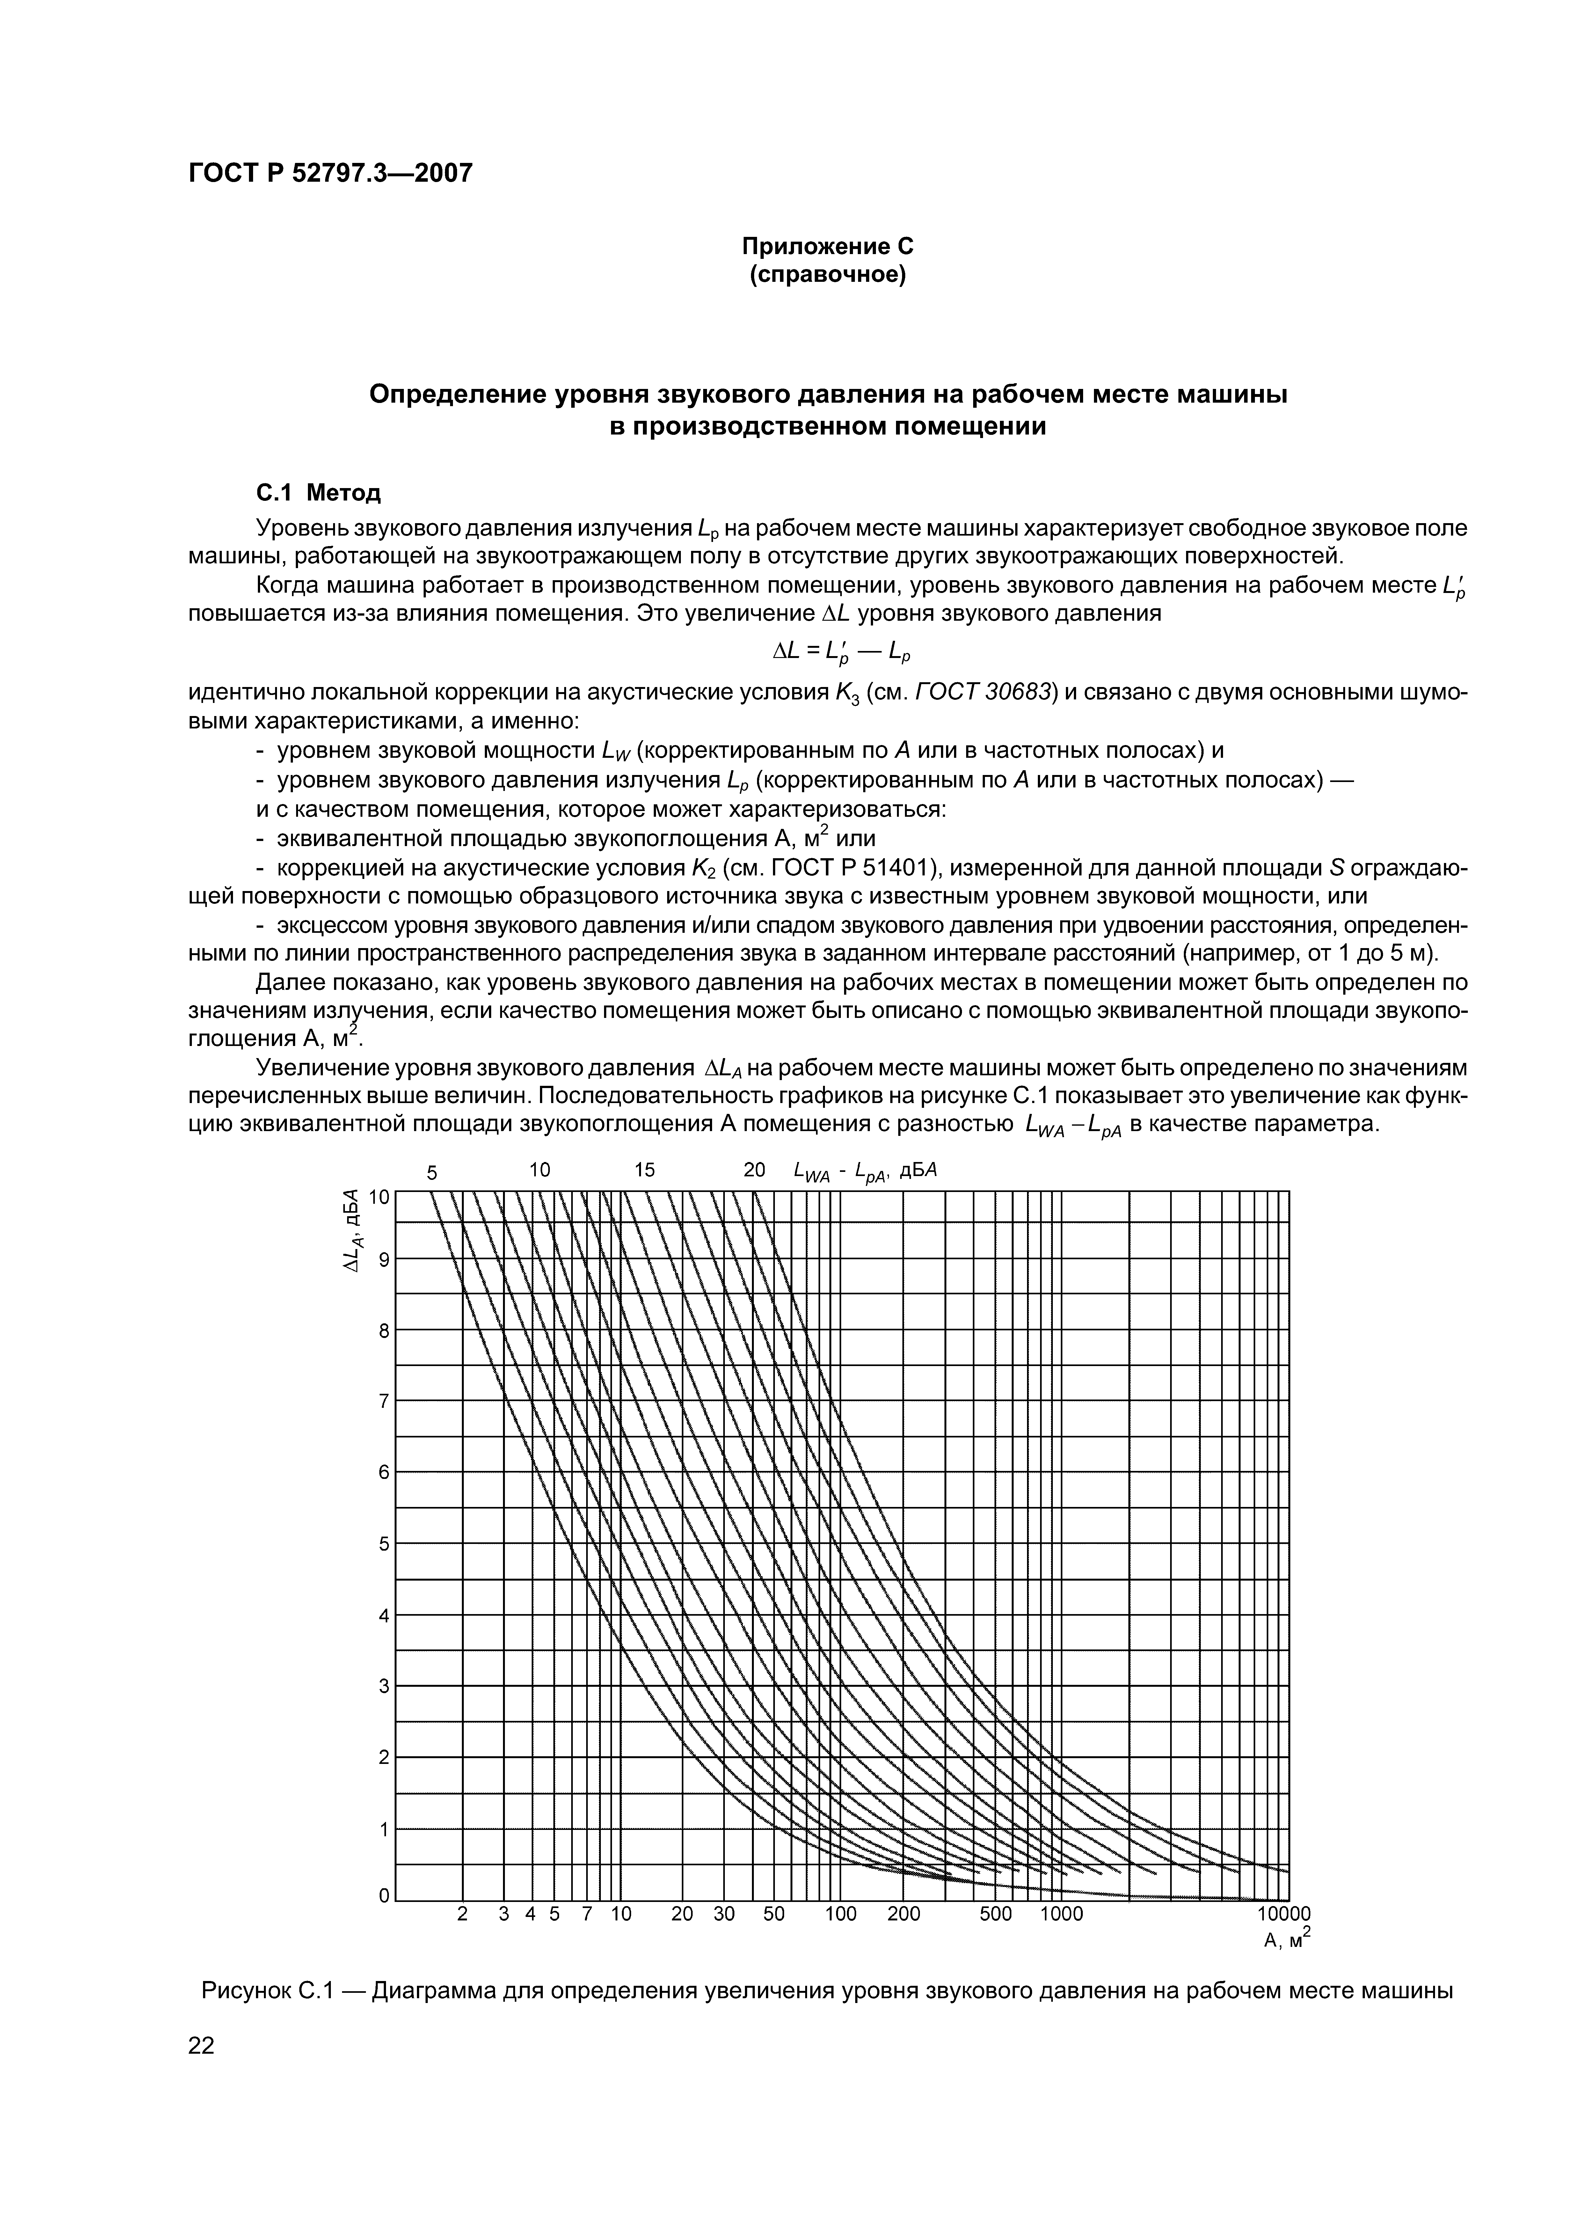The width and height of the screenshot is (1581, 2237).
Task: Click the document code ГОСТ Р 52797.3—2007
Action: point(329,173)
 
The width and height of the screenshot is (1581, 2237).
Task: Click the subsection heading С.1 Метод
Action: point(305,493)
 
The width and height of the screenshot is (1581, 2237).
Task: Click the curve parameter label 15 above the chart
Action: point(645,1169)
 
